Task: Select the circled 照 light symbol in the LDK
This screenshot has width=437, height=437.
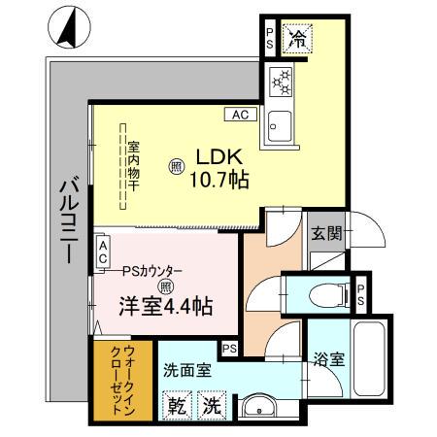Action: tap(175, 166)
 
